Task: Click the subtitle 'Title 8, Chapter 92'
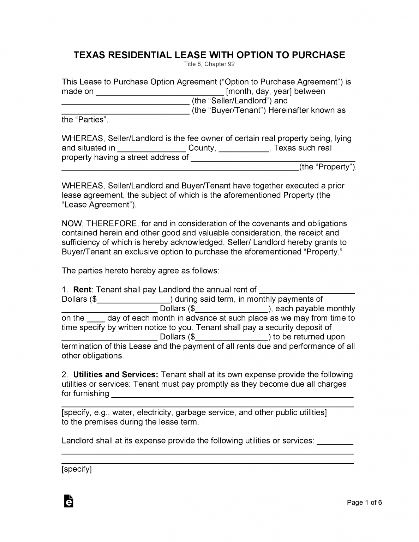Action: tap(209, 64)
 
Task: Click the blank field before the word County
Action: tap(151, 149)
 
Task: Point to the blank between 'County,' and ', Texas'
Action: tap(244, 149)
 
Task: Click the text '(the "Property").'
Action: tap(328, 167)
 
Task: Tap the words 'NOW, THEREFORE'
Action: tap(99, 224)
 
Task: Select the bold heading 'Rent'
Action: tap(82, 290)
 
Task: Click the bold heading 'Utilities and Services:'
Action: tap(115, 375)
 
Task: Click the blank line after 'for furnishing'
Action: tap(232, 395)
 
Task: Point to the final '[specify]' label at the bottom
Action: tap(77, 469)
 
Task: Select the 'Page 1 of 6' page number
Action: tap(364, 503)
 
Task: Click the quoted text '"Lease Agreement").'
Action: tap(99, 205)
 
